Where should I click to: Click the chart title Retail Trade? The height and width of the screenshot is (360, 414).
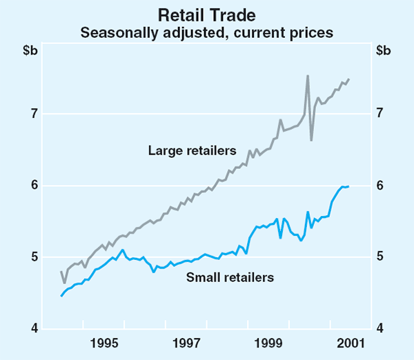(x=207, y=14)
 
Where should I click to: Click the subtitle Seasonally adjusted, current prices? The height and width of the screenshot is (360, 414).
(x=207, y=32)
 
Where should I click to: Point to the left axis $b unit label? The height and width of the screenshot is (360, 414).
(x=31, y=50)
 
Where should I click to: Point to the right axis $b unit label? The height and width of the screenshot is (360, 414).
(x=383, y=50)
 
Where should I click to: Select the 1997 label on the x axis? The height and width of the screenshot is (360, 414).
(x=186, y=343)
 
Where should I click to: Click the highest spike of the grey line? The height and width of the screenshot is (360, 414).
(x=308, y=75)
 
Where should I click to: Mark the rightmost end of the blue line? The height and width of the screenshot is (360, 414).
(x=348, y=186)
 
